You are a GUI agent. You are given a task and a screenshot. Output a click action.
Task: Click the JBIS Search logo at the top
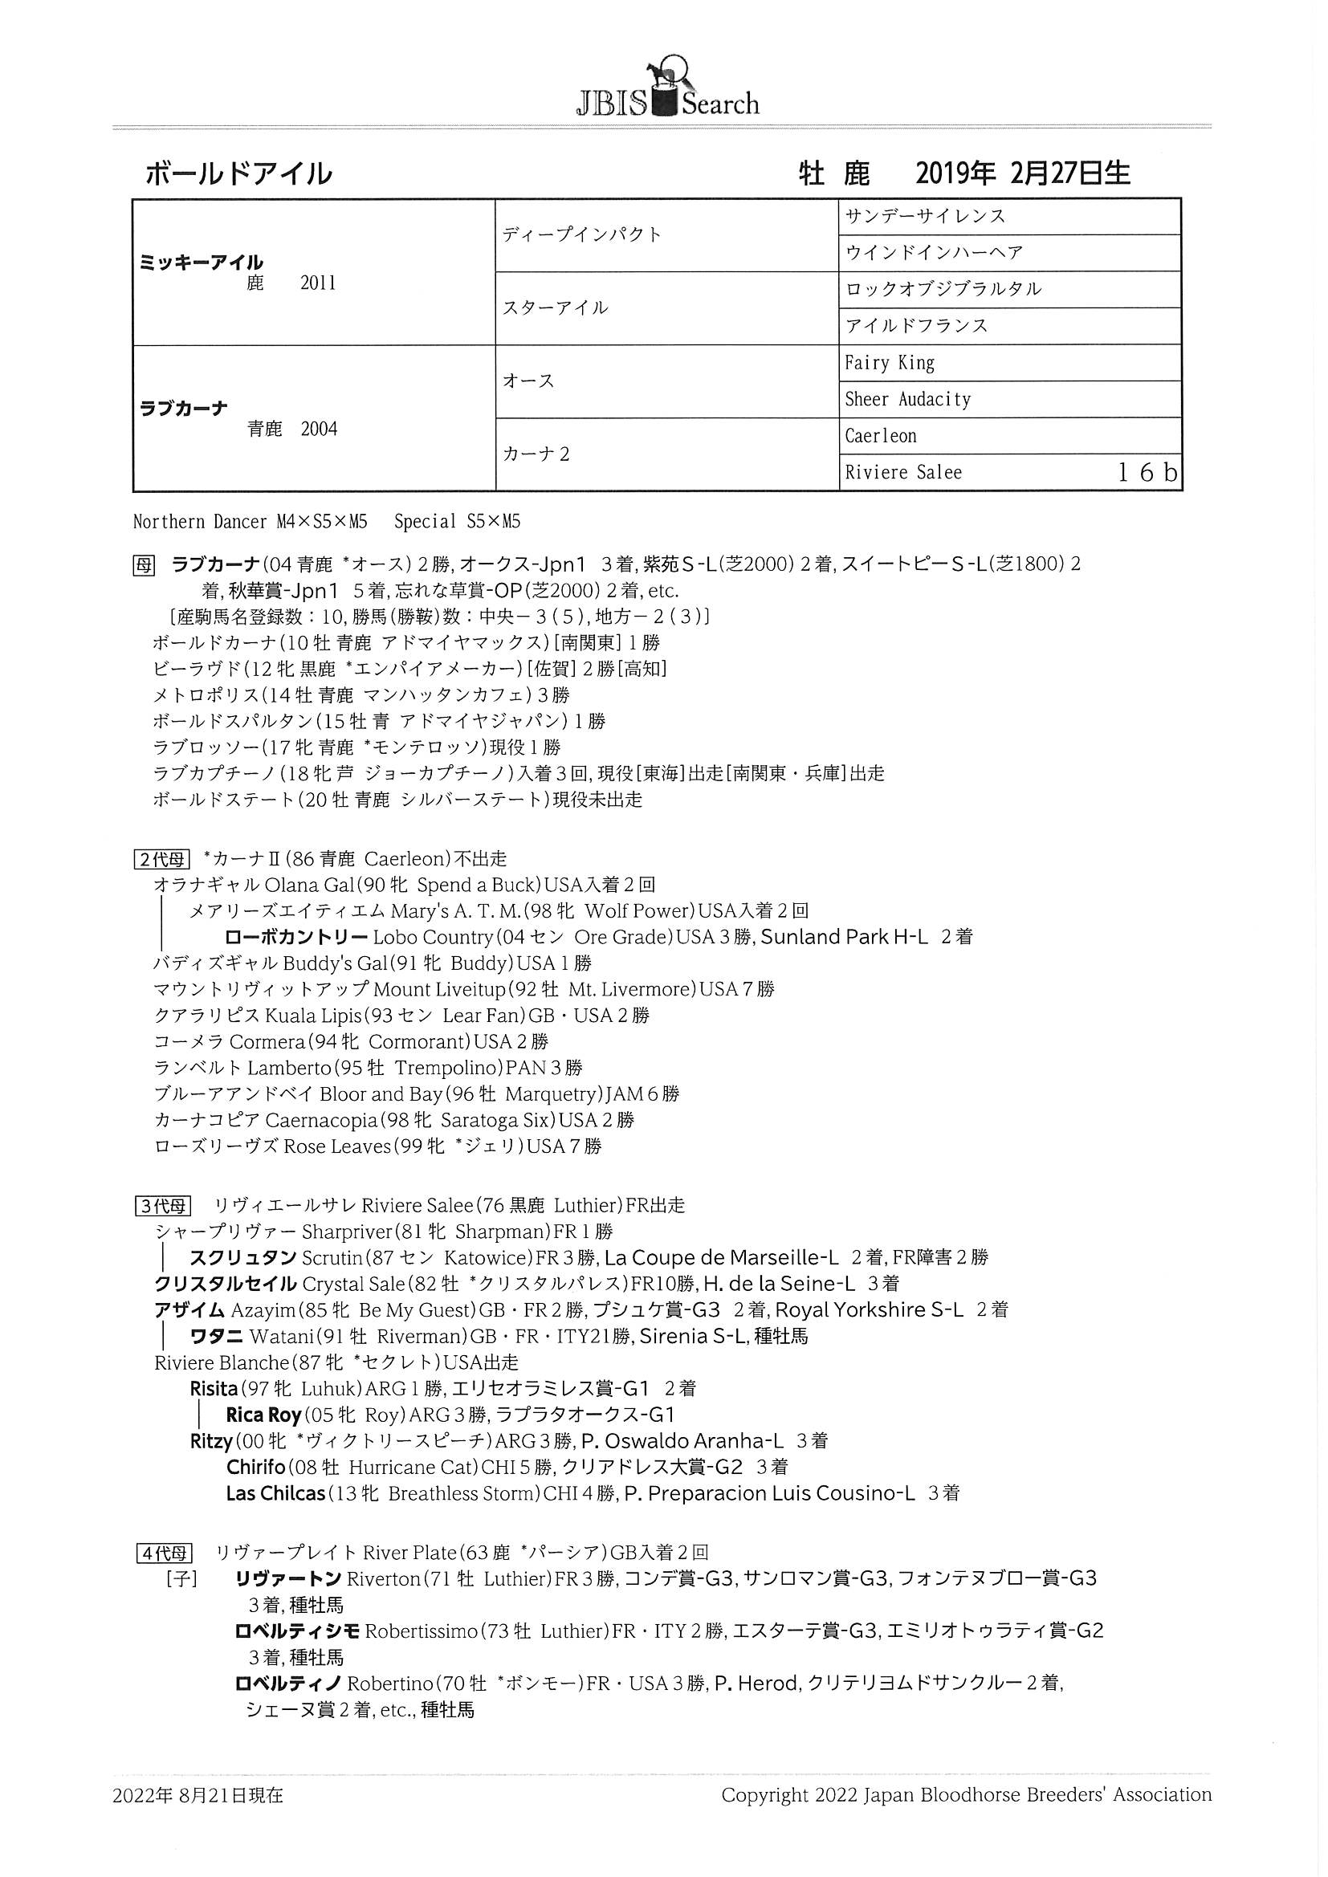click(x=667, y=91)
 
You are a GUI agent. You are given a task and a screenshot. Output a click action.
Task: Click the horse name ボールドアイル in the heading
click(x=238, y=173)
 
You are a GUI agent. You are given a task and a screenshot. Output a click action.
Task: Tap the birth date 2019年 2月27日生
click(x=1022, y=173)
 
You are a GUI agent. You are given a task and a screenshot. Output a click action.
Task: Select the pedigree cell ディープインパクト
click(x=582, y=234)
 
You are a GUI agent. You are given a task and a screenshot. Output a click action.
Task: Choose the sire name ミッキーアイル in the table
click(x=202, y=263)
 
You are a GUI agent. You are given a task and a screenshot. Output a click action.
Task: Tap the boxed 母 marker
click(x=143, y=565)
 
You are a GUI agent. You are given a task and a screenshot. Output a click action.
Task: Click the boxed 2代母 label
click(x=162, y=859)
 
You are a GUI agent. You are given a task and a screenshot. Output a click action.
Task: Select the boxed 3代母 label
click(x=162, y=1206)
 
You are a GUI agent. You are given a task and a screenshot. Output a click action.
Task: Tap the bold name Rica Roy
click(x=264, y=1415)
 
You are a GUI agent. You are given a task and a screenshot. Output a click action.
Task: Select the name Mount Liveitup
click(x=439, y=989)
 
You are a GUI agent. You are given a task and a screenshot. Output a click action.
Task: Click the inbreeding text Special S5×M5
click(x=457, y=522)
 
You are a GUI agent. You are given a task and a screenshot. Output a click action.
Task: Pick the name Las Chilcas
click(x=275, y=1493)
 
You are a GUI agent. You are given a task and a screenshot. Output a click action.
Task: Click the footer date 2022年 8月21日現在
click(x=198, y=1795)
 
